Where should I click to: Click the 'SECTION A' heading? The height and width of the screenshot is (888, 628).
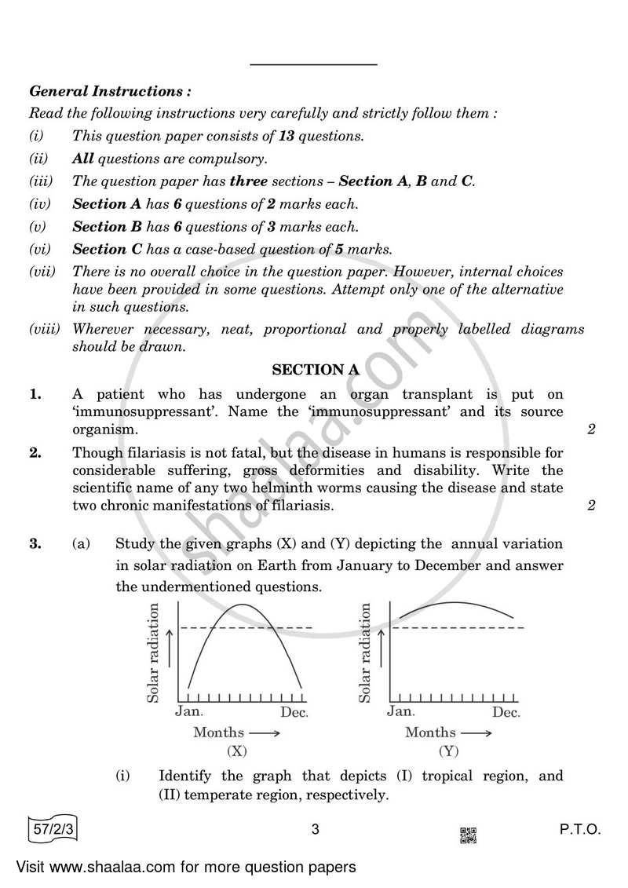pos(309,369)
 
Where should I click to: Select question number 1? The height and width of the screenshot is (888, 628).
pos(35,395)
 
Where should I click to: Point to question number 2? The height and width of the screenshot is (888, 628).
pos(35,453)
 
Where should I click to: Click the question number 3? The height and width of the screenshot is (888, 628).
pos(35,543)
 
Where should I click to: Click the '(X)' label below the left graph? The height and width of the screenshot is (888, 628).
pos(236,751)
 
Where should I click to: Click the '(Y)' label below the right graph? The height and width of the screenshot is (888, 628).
pos(448,751)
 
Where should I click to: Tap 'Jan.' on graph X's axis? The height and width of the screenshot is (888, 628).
pos(188,712)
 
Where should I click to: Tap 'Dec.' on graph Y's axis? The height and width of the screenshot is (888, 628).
pos(506,712)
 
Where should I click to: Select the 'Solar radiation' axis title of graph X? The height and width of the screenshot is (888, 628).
pos(154,652)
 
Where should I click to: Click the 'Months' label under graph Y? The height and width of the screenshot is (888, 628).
pos(430,733)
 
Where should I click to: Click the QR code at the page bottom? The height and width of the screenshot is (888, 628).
pos(468,835)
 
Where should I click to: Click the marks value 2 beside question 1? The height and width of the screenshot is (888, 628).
pos(590,429)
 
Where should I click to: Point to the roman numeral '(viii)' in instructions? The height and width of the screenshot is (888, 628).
pos(45,330)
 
